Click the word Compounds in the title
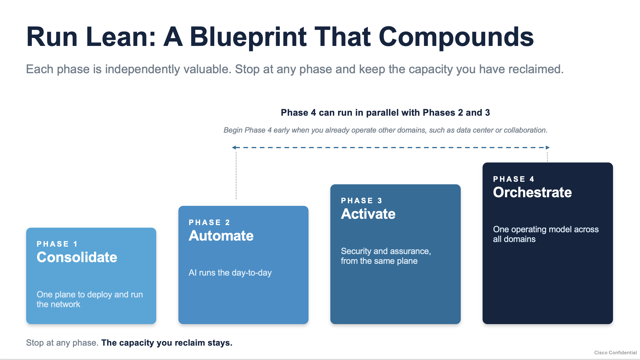click(x=456, y=37)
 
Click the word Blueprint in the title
click(x=248, y=37)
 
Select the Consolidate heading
click(x=77, y=257)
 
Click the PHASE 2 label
click(x=209, y=222)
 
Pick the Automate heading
click(x=221, y=236)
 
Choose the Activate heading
click(x=368, y=214)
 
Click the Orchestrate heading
click(x=533, y=192)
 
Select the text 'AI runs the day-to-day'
click(x=230, y=273)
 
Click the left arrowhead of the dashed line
click(x=234, y=148)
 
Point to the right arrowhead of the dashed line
click(x=548, y=148)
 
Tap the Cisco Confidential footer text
click(x=616, y=353)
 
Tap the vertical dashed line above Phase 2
click(x=236, y=175)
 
